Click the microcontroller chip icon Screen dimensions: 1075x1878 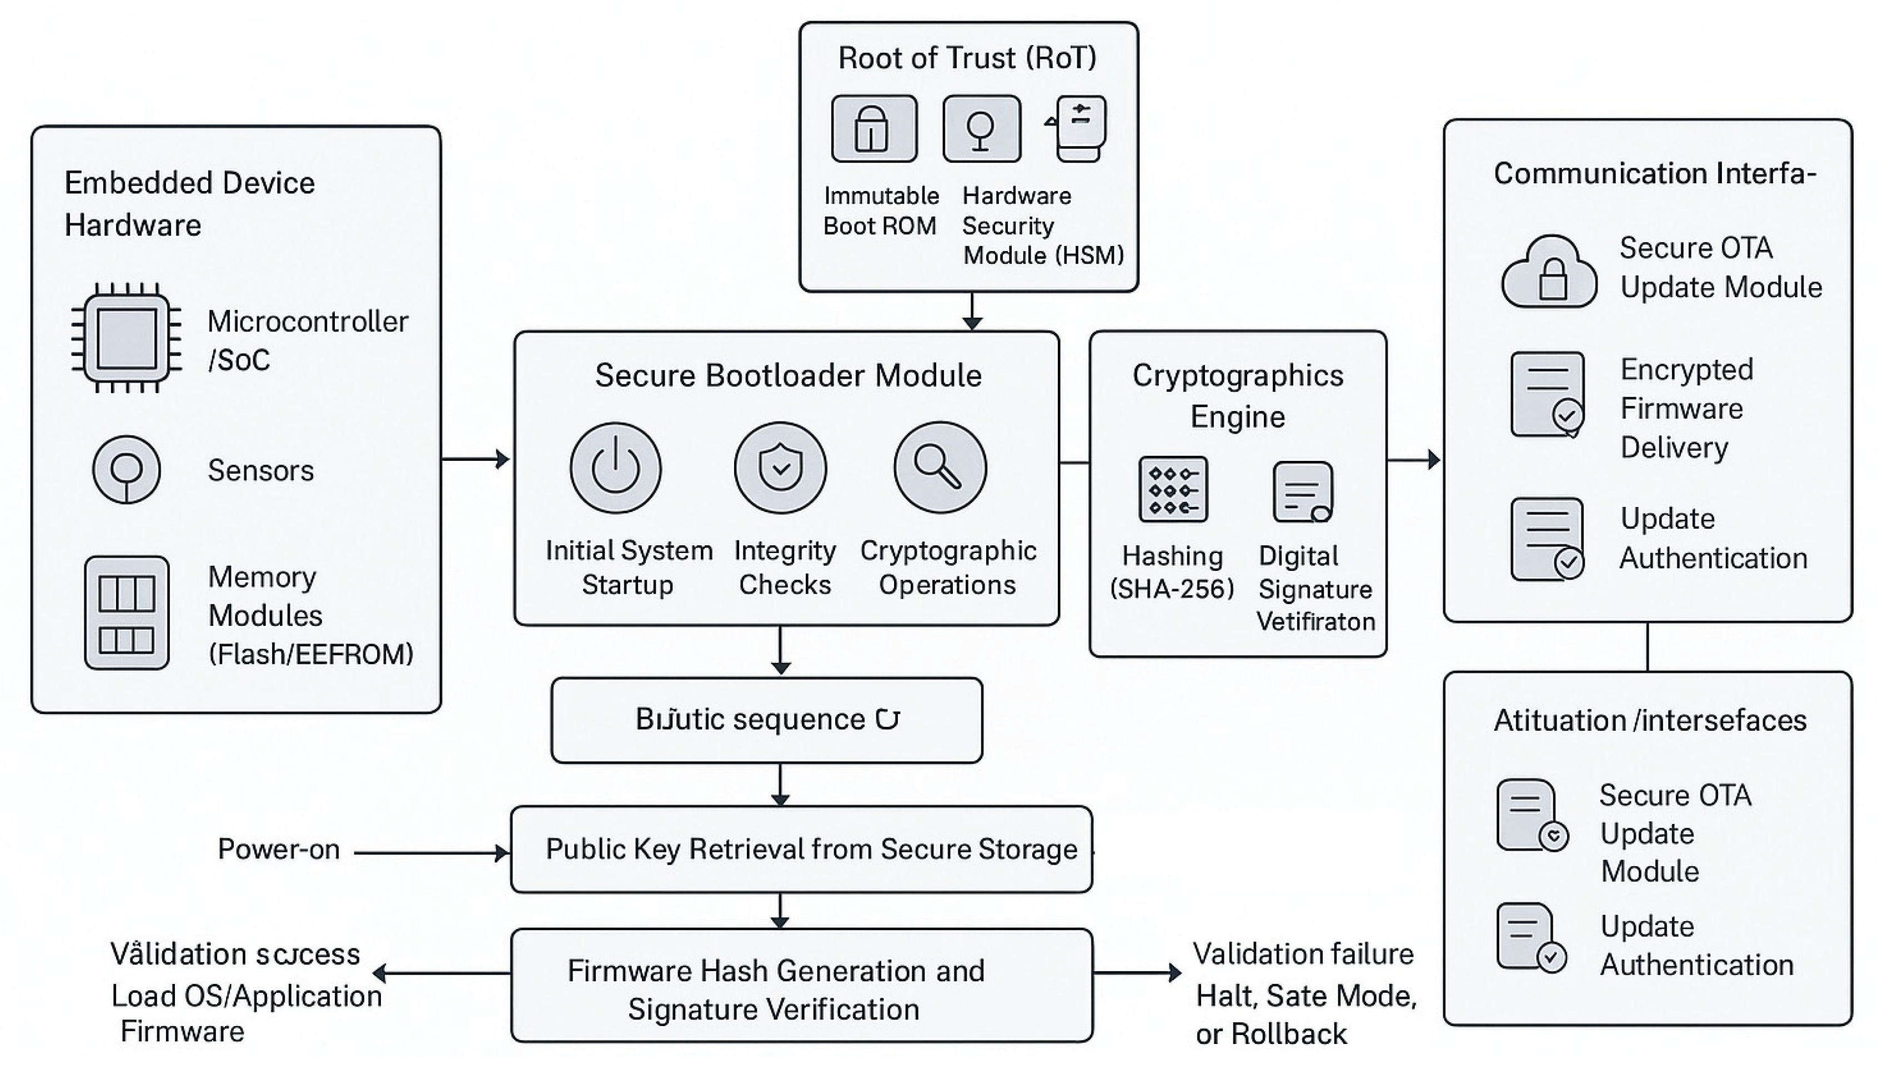[x=126, y=338]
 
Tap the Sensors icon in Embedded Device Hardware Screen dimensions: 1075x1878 [x=126, y=470]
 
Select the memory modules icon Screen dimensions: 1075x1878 [x=126, y=613]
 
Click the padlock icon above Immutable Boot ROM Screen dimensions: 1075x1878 [x=873, y=128]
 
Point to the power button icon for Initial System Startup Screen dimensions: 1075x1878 [x=615, y=468]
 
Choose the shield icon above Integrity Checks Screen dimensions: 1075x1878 [x=780, y=468]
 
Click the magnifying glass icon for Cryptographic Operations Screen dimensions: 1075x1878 [x=940, y=468]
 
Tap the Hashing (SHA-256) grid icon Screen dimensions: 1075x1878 [x=1173, y=490]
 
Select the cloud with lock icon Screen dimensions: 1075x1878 [x=1549, y=273]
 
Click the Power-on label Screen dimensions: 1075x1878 [x=278, y=850]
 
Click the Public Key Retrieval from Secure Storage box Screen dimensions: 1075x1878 [x=801, y=850]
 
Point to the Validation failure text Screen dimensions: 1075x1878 [x=1303, y=955]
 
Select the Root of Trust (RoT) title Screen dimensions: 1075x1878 [x=967, y=58]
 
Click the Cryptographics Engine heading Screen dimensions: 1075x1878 [x=1238, y=396]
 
